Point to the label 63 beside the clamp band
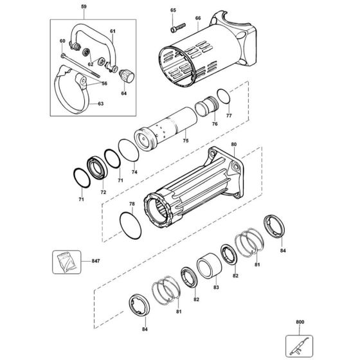tap(100, 102)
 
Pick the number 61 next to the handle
tap(112, 32)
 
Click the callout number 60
tap(63, 42)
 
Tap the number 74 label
tap(134, 173)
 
